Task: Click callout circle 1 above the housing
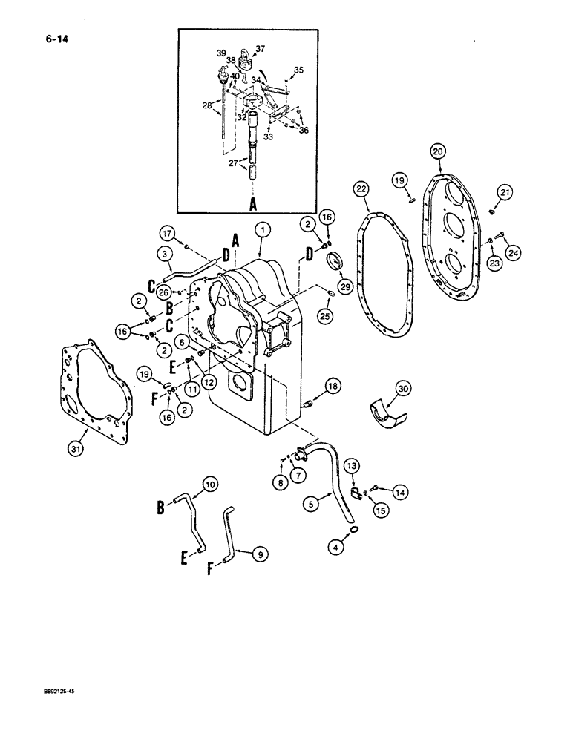261,231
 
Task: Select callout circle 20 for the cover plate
438,151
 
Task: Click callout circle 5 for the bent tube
313,503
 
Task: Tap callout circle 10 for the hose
210,485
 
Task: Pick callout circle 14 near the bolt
399,490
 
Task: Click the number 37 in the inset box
260,49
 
